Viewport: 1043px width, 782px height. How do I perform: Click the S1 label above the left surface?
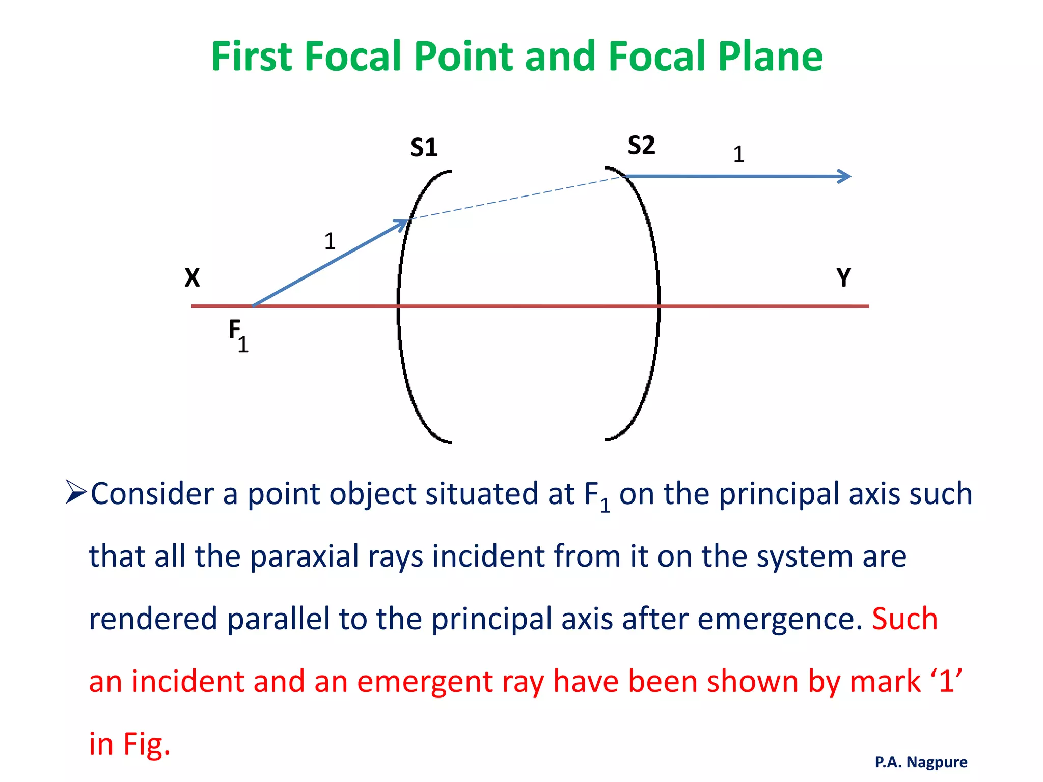coord(424,148)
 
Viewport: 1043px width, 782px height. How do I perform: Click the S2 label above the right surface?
coord(641,146)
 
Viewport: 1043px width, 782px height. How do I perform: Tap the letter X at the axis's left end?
coord(192,278)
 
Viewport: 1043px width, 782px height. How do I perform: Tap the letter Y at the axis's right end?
coord(843,278)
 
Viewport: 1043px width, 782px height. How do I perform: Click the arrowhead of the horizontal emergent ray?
coord(845,176)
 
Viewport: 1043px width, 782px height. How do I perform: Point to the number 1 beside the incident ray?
coord(330,241)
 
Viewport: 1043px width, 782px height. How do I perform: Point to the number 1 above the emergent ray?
coord(738,154)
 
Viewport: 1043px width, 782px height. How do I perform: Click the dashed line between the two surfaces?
coord(514,198)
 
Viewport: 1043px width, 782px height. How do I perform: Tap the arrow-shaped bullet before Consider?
coord(76,493)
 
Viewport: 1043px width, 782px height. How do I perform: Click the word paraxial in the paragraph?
coord(304,556)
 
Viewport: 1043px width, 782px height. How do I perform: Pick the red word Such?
coord(904,619)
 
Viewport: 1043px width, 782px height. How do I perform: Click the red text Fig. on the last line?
coord(147,744)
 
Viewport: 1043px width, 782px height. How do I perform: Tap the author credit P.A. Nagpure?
coord(921,762)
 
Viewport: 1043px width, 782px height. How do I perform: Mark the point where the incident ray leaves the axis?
coord(254,305)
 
